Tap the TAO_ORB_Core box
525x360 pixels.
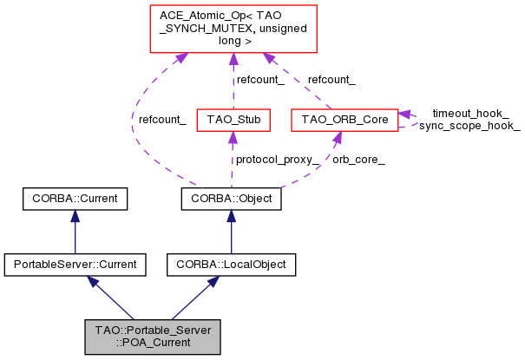point(345,117)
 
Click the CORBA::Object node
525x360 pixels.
point(231,200)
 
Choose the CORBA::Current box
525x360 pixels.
point(75,200)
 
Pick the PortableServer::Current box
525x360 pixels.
point(75,261)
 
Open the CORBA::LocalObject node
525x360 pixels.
point(231,261)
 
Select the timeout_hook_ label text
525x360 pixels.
point(470,113)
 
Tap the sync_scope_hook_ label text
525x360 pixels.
point(469,126)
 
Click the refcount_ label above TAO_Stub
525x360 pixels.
point(261,79)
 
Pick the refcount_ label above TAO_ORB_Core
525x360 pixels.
point(331,79)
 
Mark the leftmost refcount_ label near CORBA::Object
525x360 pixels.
point(162,119)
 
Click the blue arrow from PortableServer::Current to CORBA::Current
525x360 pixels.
point(75,231)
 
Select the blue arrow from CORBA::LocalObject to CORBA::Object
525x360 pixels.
point(231,231)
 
